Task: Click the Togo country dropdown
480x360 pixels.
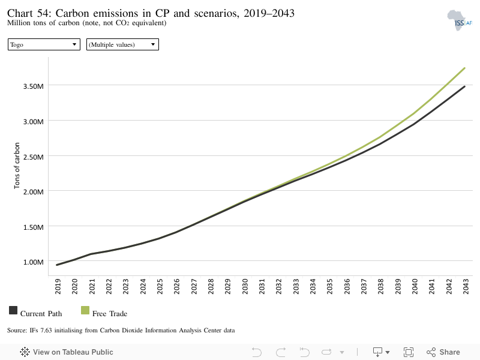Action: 44,44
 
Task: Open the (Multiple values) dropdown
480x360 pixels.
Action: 122,44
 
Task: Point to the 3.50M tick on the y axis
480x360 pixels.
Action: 34,86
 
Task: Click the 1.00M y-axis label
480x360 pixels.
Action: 34,262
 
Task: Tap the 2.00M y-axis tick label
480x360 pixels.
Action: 34,192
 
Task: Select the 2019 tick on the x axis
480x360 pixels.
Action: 58,286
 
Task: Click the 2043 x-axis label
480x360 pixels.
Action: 466,286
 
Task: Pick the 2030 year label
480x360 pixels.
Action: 245,286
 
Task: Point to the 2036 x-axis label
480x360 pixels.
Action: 347,286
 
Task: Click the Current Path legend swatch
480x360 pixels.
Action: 13,310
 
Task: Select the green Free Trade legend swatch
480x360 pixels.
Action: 85,310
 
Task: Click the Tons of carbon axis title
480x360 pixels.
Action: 17,166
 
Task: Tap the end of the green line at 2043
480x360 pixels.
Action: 464,68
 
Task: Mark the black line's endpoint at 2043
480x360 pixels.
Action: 464,86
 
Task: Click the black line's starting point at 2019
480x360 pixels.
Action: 57,265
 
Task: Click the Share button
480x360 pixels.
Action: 443,352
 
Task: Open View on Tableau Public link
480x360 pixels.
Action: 67,352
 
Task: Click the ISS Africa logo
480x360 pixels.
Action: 460,20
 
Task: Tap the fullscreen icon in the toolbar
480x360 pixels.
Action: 409,352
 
